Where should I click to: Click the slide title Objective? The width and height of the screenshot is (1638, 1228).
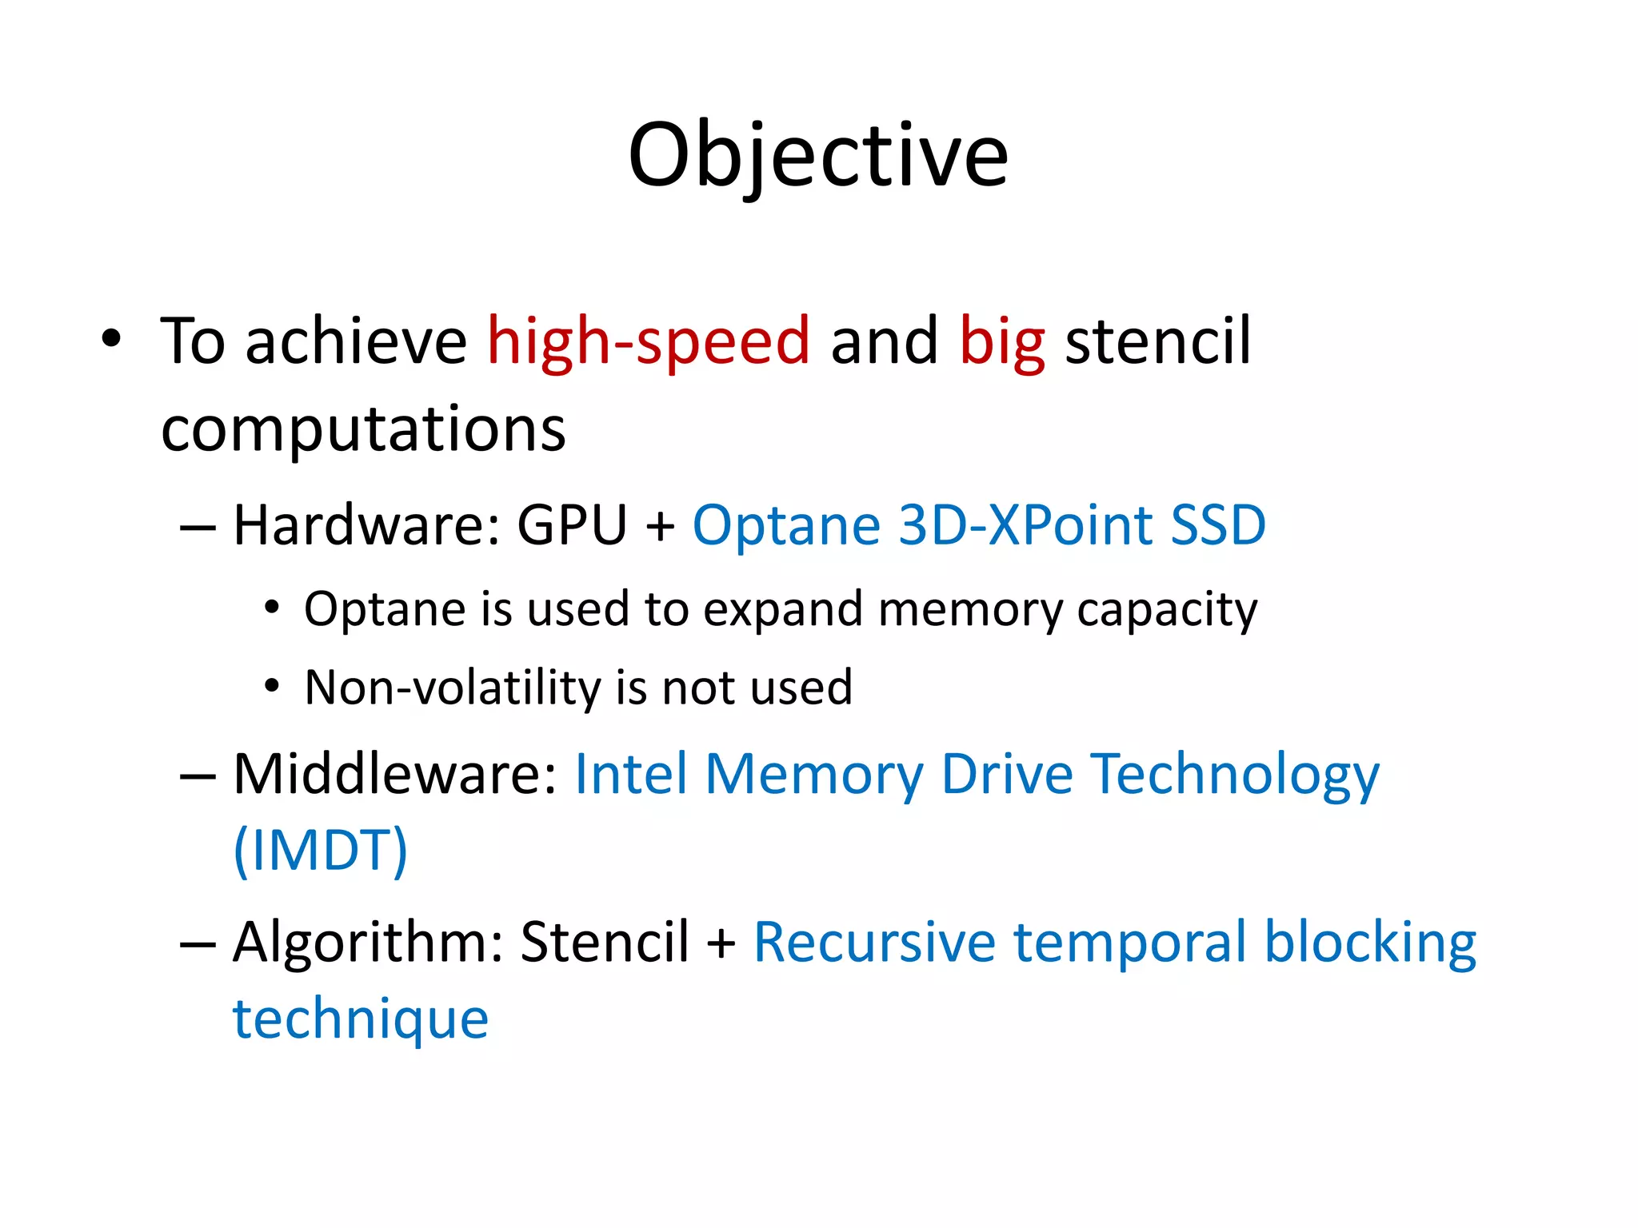click(817, 156)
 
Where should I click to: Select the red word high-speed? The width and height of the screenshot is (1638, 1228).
click(649, 341)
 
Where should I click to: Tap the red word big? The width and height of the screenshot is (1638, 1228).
click(1001, 343)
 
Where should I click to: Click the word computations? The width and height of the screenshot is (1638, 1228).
click(364, 429)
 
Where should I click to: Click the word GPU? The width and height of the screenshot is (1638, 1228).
click(572, 525)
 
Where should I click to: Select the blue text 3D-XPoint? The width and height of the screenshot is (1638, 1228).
click(1025, 525)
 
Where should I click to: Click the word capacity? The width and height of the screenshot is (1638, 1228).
click(1167, 611)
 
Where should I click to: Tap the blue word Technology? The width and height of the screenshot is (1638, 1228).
click(1236, 775)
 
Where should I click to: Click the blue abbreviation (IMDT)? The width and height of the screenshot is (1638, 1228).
click(321, 851)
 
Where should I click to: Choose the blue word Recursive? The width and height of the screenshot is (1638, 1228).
click(874, 943)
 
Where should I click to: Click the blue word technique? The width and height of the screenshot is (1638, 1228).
click(361, 1019)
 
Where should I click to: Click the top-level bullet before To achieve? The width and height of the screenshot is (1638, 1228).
click(111, 340)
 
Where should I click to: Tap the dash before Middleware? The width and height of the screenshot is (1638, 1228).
click(198, 775)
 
